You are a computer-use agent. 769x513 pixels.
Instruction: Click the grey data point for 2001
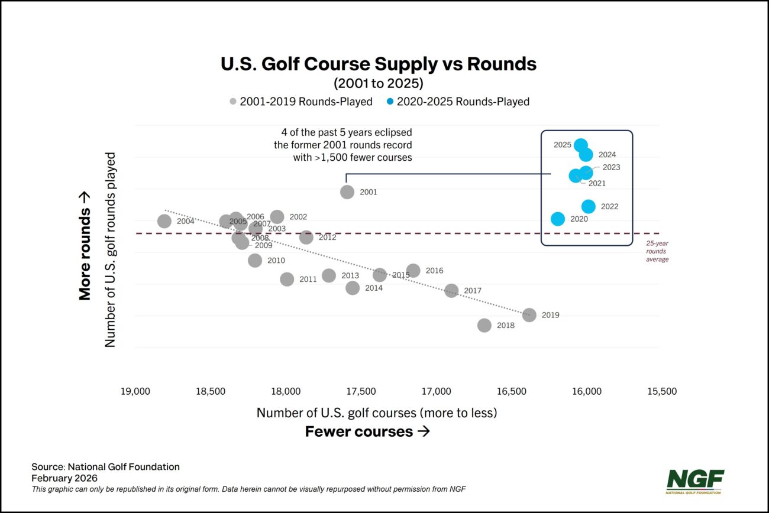(347, 191)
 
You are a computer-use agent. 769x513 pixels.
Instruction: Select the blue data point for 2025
(580, 145)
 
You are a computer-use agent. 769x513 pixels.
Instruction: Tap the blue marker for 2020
(557, 219)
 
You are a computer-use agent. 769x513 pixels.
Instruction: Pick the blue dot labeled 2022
(588, 206)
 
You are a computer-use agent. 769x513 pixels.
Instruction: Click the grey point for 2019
(529, 315)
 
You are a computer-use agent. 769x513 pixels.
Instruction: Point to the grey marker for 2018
(484, 325)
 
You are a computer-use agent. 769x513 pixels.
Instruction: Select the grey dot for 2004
(164, 221)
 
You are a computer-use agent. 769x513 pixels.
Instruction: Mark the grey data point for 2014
(353, 288)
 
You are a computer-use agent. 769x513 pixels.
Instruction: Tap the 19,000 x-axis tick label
(135, 392)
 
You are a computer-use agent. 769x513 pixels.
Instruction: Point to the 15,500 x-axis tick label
(661, 392)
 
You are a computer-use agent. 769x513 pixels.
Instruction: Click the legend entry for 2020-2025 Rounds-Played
(463, 102)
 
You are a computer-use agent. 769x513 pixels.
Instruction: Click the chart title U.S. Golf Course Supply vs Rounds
(379, 64)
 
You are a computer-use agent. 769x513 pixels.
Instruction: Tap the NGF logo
(695, 481)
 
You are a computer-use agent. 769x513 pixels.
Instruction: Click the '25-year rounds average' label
(657, 251)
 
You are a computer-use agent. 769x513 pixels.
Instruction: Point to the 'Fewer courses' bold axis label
(367, 432)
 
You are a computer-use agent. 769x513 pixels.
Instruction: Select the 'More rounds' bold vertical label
(85, 245)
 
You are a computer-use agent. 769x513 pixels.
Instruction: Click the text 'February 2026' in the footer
(64, 478)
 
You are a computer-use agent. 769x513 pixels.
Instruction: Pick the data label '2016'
(434, 271)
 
